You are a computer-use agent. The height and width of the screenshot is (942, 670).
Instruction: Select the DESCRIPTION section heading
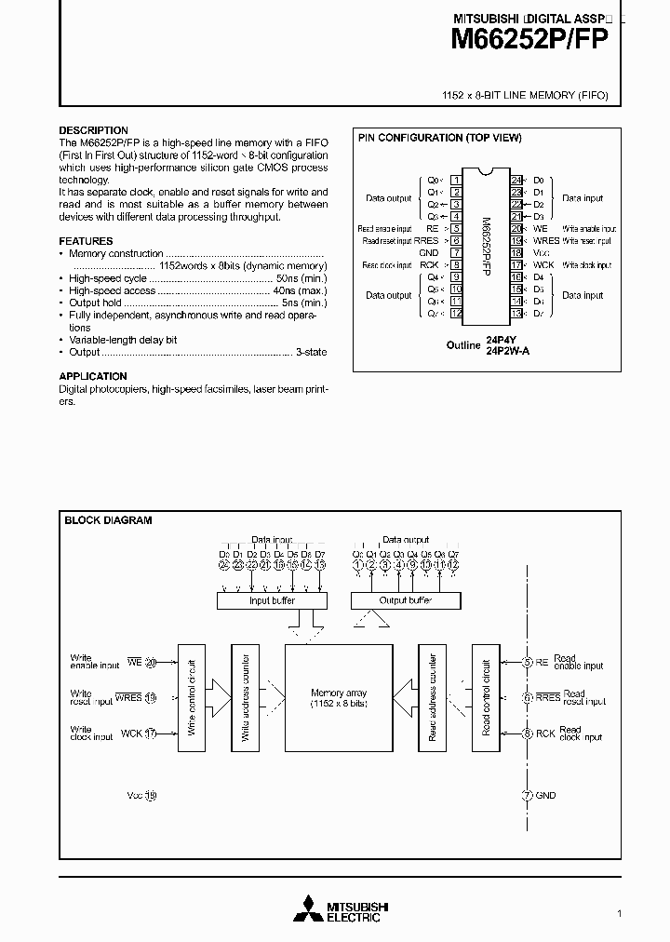(x=93, y=130)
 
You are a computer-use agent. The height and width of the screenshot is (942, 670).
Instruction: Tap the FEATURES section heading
(x=86, y=241)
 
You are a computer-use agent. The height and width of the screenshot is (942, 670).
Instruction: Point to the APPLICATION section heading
(x=93, y=377)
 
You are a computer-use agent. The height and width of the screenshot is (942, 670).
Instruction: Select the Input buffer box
(x=272, y=601)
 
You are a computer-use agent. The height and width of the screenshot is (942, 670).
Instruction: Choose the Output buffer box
(x=406, y=601)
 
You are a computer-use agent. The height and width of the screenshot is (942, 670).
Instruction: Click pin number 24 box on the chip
(x=516, y=180)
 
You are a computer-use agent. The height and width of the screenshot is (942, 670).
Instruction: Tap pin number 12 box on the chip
(x=456, y=313)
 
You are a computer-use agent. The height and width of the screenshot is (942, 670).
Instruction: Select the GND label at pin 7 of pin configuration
(x=428, y=252)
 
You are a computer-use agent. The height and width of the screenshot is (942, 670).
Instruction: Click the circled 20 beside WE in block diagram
(x=151, y=663)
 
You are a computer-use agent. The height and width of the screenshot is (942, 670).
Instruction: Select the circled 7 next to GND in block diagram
(x=528, y=796)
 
